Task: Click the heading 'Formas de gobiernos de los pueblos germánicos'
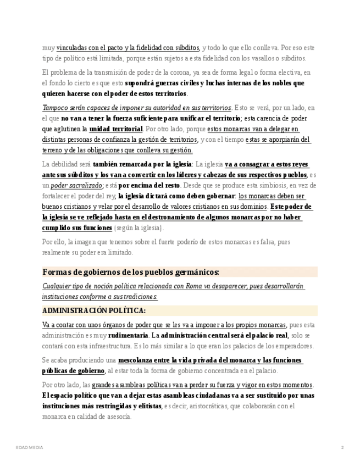click(131, 272)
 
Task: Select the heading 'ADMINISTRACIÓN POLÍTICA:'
click(94, 310)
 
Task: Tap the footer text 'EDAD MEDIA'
click(29, 448)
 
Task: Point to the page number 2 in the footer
click(342, 448)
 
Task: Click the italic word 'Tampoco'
click(55, 108)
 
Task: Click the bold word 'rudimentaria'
click(128, 335)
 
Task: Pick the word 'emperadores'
click(293, 346)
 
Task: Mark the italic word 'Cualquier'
click(58, 286)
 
